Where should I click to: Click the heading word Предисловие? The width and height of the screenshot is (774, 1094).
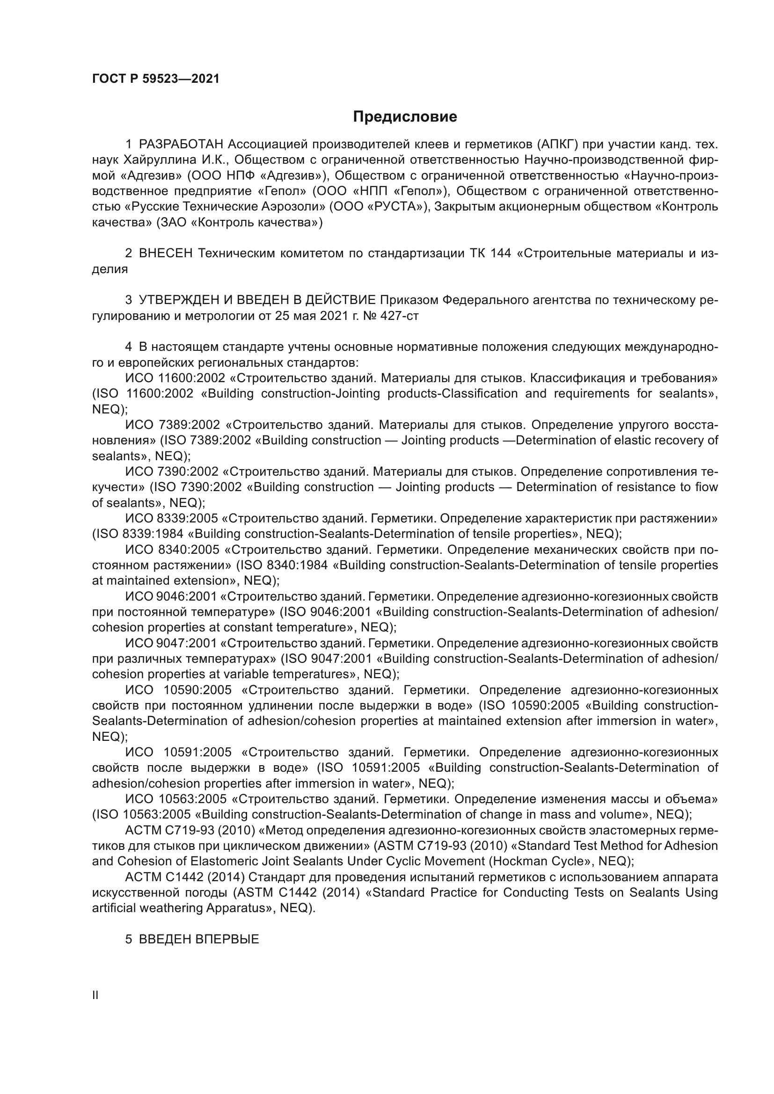coord(405,117)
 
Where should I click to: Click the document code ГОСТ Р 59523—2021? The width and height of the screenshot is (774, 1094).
coord(155,79)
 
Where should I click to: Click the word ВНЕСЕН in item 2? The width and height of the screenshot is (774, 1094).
coord(165,254)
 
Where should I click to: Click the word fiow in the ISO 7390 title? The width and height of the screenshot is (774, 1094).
coord(706,487)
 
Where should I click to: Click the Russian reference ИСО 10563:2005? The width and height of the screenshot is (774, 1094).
coord(176,799)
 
